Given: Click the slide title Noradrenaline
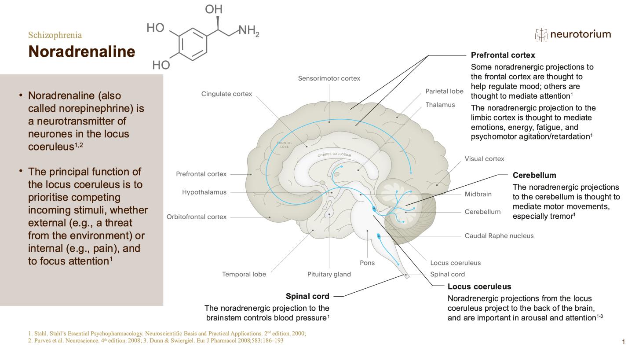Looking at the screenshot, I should [x=81, y=51].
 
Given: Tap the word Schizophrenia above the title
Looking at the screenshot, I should [x=55, y=35].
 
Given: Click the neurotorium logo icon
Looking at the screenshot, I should [x=541, y=34].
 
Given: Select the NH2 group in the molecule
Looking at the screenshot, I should [x=249, y=30].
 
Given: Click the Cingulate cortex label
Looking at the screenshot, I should [x=226, y=94].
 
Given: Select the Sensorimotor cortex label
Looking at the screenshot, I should [x=329, y=78].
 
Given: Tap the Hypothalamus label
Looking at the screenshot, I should [x=204, y=192].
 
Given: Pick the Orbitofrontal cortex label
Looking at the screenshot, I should [x=197, y=217].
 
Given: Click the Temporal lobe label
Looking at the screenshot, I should [x=244, y=275].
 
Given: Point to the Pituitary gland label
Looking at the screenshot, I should [x=329, y=275].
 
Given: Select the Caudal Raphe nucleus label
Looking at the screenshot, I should [x=499, y=236].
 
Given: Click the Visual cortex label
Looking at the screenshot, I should [x=484, y=159].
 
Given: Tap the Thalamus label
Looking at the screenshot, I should [x=440, y=105].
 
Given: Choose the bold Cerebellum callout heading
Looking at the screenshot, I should [x=534, y=175].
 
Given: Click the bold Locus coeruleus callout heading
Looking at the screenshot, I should [x=479, y=287].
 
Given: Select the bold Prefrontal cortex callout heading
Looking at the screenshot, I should [x=503, y=55].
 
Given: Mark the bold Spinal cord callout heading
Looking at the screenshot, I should [x=307, y=296].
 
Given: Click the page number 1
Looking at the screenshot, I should [x=623, y=342].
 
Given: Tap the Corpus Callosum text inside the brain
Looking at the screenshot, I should [x=335, y=155].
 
